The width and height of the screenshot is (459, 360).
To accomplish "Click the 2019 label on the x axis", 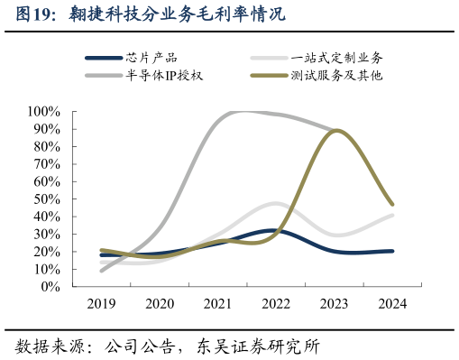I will click(x=101, y=304).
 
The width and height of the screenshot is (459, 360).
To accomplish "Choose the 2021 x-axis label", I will click(x=217, y=304).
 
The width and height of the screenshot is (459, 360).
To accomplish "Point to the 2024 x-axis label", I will click(x=391, y=304).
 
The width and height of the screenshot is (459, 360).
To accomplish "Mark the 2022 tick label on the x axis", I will click(x=275, y=304).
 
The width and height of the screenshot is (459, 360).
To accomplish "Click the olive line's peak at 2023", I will click(x=335, y=131).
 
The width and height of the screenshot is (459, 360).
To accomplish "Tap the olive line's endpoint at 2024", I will click(x=391, y=204).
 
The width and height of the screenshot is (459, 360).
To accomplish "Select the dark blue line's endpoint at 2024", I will click(x=391, y=251).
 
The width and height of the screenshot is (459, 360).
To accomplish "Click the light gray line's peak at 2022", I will click(x=276, y=204).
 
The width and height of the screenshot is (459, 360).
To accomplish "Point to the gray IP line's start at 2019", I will click(x=102, y=270).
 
